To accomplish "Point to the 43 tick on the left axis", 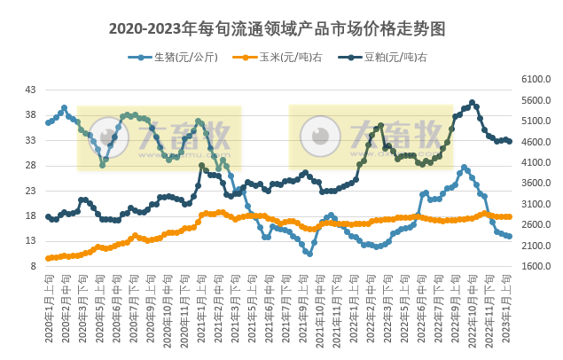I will pyautogui.click(x=31, y=90).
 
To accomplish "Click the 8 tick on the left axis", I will pyautogui.click(x=34, y=266).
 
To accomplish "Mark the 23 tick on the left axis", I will pyautogui.click(x=31, y=191).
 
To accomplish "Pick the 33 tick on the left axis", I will pyautogui.click(x=31, y=140).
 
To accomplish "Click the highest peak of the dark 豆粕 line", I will pyautogui.click(x=472, y=102).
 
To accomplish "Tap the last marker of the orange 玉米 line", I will pyautogui.click(x=509, y=216).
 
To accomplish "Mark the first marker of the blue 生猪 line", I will pyautogui.click(x=48, y=121).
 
